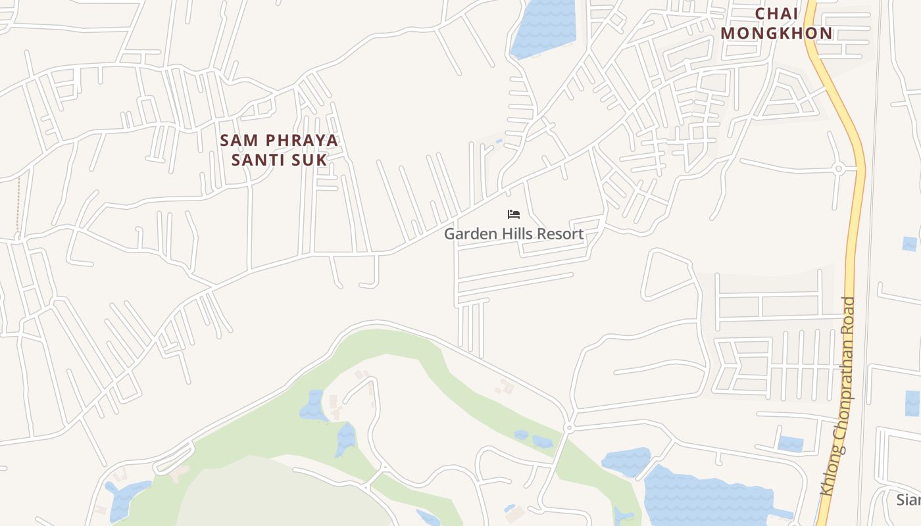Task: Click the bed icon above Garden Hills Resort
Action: [514, 214]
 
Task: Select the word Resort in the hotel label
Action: [560, 234]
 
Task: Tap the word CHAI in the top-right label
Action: [776, 14]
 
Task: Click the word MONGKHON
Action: [776, 34]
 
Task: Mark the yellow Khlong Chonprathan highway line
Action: [856, 197]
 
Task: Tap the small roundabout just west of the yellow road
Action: [838, 169]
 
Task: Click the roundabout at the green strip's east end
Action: [569, 428]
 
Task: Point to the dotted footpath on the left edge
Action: [18, 204]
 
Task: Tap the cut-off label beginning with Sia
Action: [909, 500]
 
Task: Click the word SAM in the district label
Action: [236, 141]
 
